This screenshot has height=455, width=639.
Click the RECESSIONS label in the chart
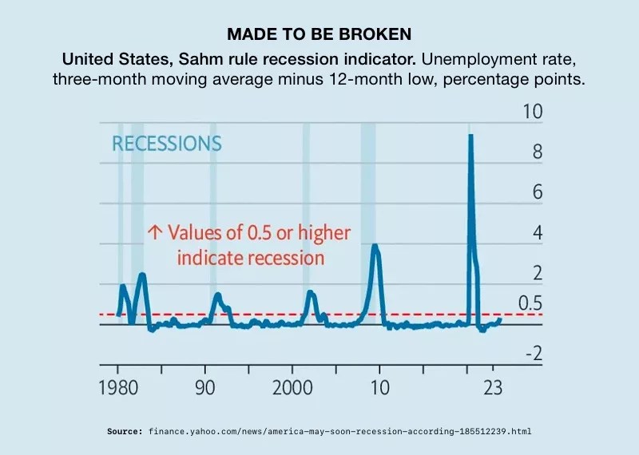point(167,144)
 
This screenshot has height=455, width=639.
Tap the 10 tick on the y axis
point(533,112)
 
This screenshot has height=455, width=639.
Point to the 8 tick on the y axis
point(538,152)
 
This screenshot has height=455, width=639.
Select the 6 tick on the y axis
point(538,192)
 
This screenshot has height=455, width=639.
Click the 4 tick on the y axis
point(538,233)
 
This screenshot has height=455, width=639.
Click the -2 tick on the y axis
point(533,354)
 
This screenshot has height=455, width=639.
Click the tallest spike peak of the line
point(470,136)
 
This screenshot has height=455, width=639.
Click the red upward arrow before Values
point(155,233)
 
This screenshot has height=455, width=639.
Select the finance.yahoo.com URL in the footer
point(339,431)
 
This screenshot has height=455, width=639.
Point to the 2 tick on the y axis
point(538,274)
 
